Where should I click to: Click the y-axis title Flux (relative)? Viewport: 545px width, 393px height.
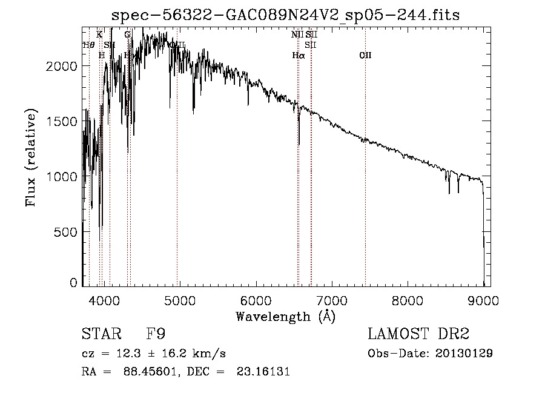30,158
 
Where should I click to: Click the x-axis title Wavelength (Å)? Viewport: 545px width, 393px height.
285,315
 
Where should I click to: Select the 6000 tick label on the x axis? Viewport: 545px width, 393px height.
256,299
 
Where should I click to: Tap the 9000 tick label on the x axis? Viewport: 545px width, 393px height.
483,299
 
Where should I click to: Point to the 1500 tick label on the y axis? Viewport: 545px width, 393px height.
62,121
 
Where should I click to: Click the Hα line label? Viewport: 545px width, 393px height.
298,56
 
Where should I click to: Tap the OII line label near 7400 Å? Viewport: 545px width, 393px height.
365,56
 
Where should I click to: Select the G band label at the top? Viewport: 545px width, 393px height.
127,35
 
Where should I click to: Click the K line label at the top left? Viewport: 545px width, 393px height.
99,35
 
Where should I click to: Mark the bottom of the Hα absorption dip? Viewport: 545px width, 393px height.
299,144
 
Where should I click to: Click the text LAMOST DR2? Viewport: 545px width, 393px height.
418,334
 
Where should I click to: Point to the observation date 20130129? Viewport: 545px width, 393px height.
463,354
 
